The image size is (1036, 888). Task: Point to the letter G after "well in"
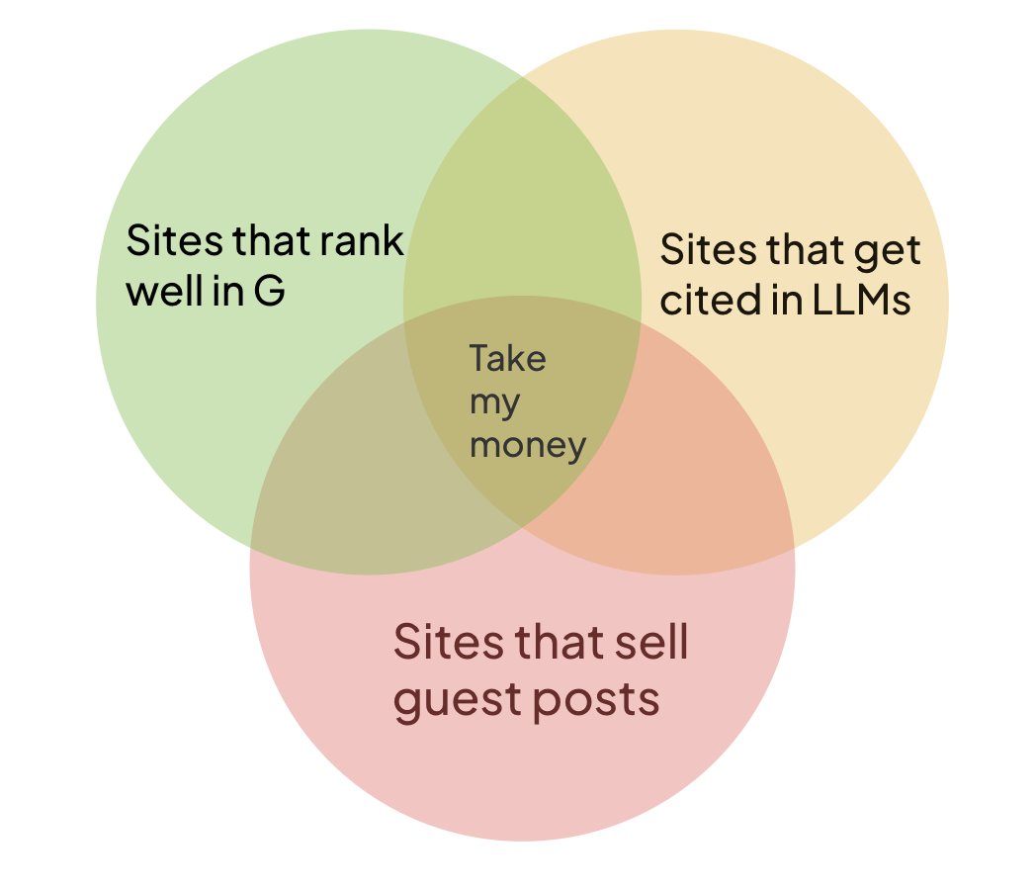tap(269, 292)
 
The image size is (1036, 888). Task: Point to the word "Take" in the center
tap(508, 358)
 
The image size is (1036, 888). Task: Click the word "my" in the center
tap(494, 403)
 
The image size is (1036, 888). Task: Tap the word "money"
tap(528, 446)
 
